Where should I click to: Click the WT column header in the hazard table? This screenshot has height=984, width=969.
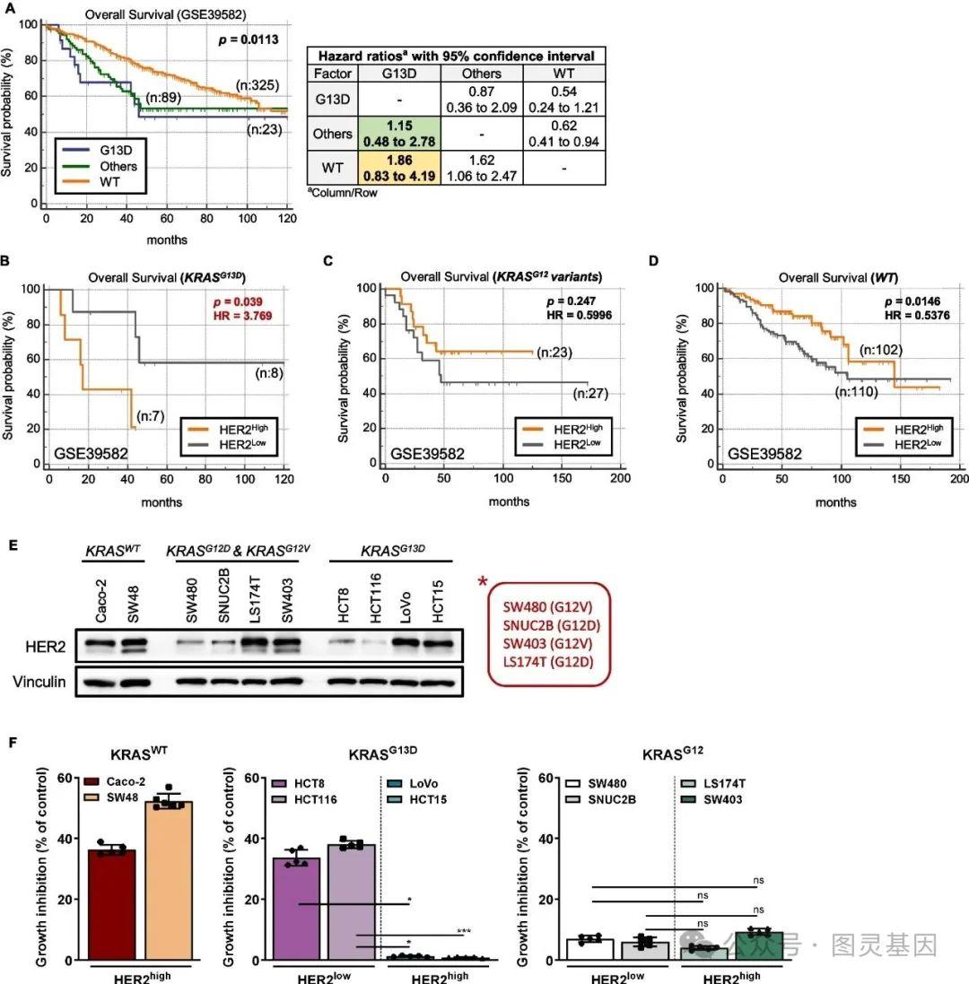[x=563, y=74]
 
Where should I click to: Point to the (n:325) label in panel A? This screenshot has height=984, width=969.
[x=258, y=85]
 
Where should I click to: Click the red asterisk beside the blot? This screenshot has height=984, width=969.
[x=486, y=584]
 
